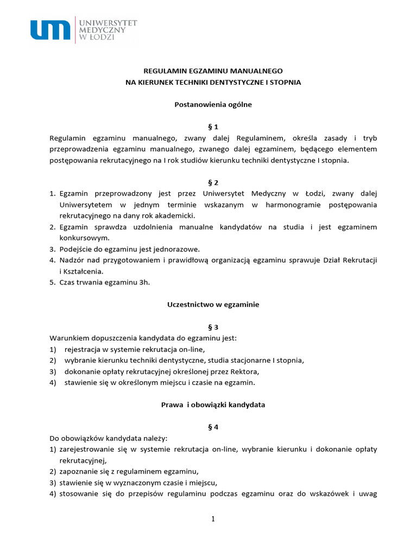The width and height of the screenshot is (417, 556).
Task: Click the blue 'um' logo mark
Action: pyautogui.click(x=50, y=29)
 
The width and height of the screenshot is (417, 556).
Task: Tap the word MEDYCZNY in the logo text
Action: pyautogui.click(x=102, y=30)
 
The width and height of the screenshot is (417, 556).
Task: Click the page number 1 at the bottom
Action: pyautogui.click(x=213, y=519)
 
